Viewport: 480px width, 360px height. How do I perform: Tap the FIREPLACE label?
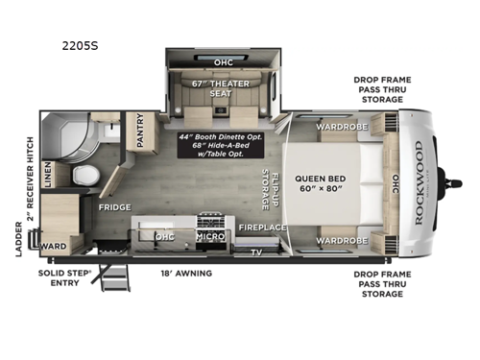click(263, 228)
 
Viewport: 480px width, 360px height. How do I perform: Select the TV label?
click(256, 252)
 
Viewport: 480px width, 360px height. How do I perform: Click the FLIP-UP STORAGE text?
click(268, 189)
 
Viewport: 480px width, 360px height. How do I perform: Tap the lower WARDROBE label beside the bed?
click(342, 240)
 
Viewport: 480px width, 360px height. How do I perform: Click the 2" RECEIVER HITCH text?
click(31, 188)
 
